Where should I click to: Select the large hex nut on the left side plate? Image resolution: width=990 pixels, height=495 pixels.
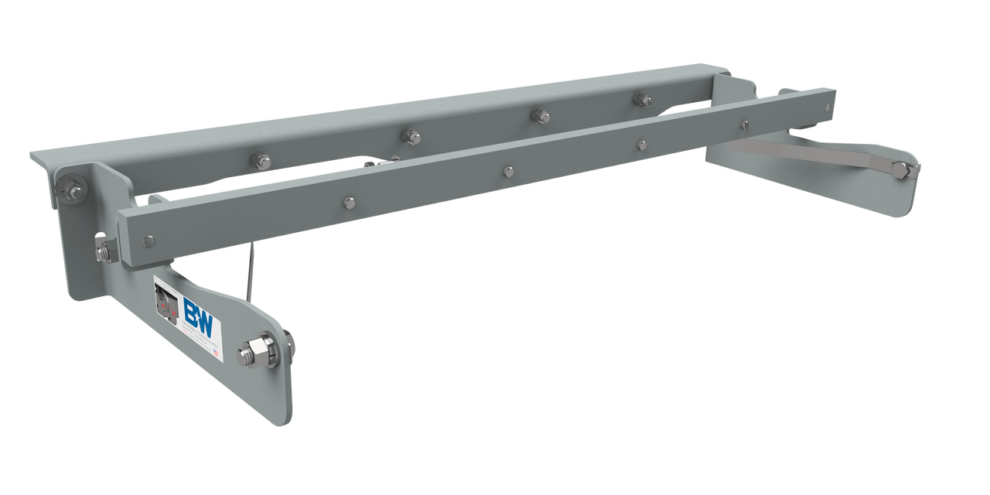coord(261,350)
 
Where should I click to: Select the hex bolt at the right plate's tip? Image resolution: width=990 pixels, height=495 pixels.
coord(900,169)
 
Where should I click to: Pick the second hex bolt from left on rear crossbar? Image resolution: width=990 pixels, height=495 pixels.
coord(411,137)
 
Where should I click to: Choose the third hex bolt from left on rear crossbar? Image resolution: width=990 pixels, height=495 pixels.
coord(540,116)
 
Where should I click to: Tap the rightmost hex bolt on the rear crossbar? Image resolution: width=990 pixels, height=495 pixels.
coord(641,99)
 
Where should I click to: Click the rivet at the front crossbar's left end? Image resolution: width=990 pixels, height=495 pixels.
coord(148,241)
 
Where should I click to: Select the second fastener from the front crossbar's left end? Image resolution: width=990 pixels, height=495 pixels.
coord(349,203)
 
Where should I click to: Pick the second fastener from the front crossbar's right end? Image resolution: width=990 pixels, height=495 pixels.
coord(743,125)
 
